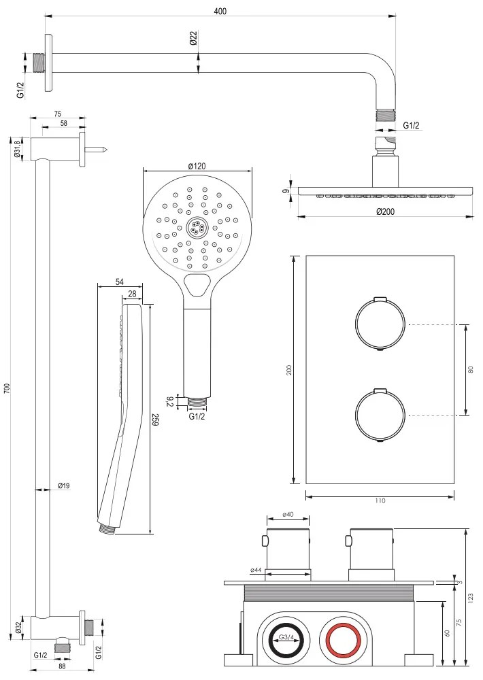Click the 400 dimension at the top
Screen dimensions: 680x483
[x=220, y=10]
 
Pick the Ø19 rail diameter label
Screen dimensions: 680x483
[x=64, y=486]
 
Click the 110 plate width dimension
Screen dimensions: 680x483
[x=380, y=501]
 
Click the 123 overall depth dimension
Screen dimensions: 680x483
[x=471, y=597]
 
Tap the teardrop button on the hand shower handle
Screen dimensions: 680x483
[x=197, y=285]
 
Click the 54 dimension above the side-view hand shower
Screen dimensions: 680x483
[x=120, y=281]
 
